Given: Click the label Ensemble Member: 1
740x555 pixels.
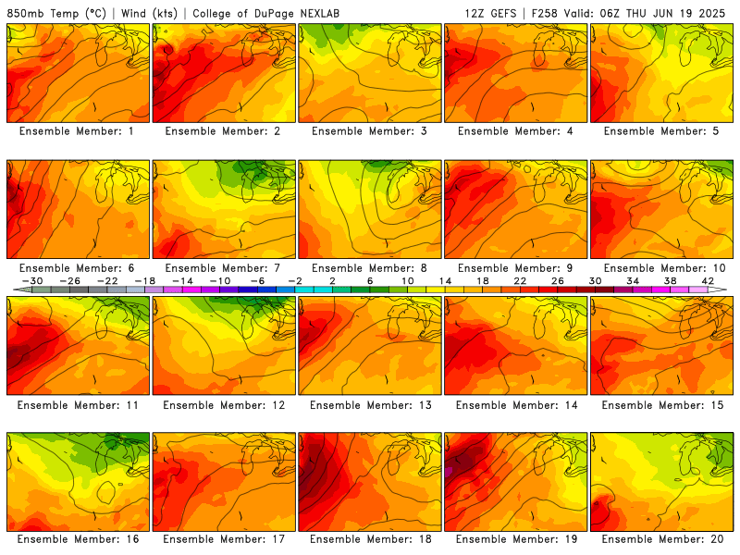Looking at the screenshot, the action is click(77, 131).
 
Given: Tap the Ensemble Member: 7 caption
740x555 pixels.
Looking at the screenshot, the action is click(223, 268).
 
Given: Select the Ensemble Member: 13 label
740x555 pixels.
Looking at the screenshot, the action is click(371, 405).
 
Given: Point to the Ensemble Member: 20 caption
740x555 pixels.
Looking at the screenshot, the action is click(662, 539).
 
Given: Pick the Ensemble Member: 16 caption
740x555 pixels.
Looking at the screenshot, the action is click(79, 539).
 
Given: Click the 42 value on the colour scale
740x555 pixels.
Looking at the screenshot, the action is click(708, 281).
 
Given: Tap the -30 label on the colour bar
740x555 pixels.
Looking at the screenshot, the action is click(32, 281).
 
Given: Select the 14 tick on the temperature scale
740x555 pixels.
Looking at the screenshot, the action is click(445, 281).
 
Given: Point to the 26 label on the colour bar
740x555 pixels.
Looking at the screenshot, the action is click(558, 281).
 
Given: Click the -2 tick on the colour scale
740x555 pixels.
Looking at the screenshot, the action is click(295, 281).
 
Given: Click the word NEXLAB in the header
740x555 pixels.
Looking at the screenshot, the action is click(320, 13).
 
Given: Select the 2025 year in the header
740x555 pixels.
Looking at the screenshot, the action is click(711, 13).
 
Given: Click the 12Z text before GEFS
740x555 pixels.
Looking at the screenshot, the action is click(475, 13).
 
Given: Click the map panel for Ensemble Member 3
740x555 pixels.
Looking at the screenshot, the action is click(370, 73).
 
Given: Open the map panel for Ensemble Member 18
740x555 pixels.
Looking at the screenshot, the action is click(370, 482).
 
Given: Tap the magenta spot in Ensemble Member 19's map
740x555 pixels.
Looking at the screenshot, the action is click(448, 471).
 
